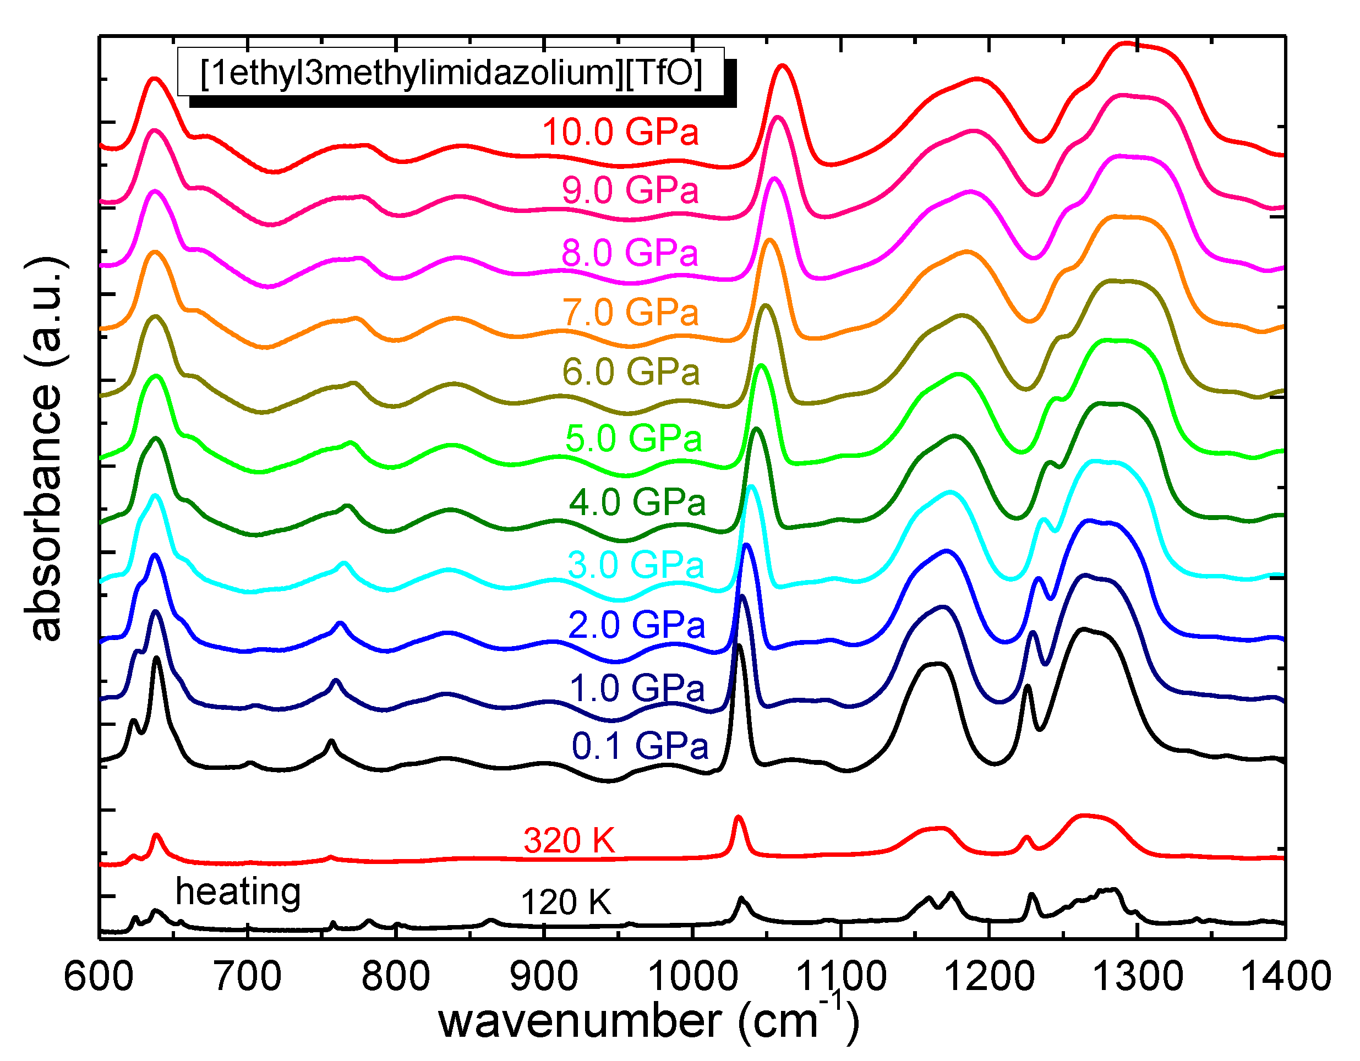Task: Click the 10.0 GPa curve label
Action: [x=620, y=132]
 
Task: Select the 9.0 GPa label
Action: [x=630, y=190]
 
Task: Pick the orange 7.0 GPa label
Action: [x=630, y=312]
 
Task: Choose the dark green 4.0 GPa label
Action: [x=637, y=502]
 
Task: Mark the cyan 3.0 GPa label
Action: [x=635, y=565]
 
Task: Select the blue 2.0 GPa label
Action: [x=636, y=625]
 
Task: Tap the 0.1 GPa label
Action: [x=640, y=746]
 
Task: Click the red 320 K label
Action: [x=569, y=840]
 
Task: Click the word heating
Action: [x=238, y=892]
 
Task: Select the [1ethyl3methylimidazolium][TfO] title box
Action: [x=451, y=72]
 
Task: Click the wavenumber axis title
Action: [x=648, y=1021]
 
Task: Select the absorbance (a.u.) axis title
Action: [x=45, y=449]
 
